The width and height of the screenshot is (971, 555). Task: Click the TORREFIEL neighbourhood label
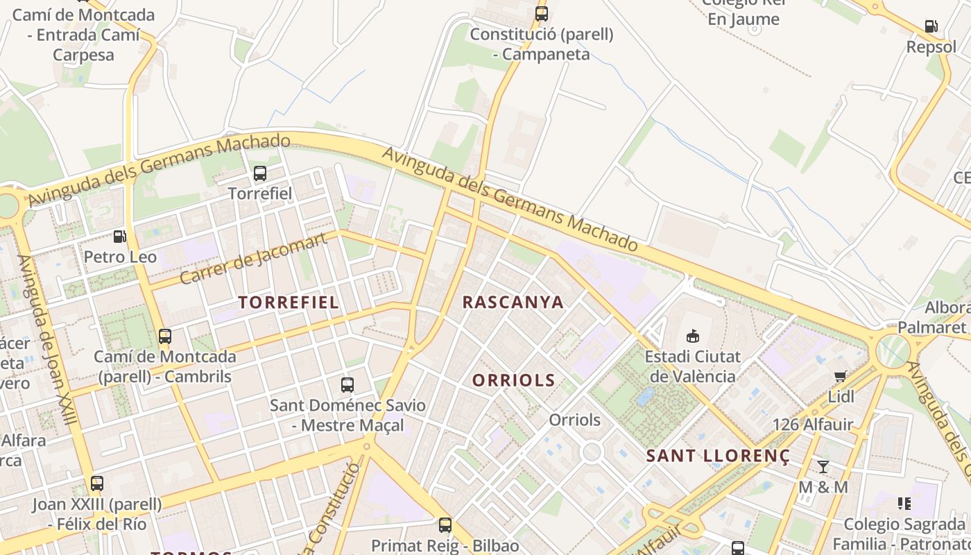289,302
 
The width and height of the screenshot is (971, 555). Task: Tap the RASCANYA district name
513,302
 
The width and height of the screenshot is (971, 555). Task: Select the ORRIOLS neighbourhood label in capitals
514,380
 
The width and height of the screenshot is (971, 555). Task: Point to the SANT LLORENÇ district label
718,456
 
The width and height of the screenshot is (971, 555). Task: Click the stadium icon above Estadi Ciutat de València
692,336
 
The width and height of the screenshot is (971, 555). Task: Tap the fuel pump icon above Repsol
931,27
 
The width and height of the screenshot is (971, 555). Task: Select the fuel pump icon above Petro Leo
120,237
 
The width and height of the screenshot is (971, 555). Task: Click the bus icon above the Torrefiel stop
260,173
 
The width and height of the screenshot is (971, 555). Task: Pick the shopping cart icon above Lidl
841,377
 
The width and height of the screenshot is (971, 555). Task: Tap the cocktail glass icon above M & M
823,466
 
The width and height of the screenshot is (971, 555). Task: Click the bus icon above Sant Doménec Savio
347,384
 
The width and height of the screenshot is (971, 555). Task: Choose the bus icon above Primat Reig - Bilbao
445,525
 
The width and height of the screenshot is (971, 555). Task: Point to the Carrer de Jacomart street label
253,259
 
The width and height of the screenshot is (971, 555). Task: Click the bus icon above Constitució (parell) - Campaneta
542,13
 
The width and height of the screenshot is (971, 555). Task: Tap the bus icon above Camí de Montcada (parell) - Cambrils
165,336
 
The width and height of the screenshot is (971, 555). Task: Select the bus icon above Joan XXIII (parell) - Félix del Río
97,484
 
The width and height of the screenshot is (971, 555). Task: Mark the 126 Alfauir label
813,425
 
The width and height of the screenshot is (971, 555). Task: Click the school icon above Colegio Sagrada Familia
904,503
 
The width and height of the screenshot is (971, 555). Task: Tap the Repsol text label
931,47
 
